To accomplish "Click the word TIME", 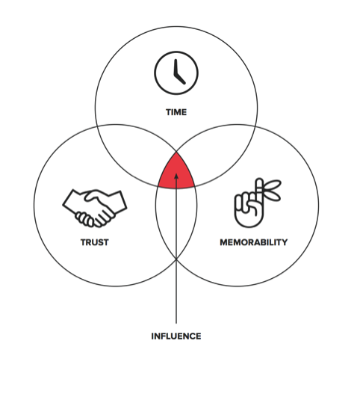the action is pyautogui.click(x=176, y=112).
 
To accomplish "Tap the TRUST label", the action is pyautogui.click(x=95, y=242).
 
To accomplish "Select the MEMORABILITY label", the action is pyautogui.click(x=253, y=242).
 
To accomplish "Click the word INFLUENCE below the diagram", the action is pyautogui.click(x=176, y=336).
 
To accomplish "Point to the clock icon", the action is pyautogui.click(x=176, y=73).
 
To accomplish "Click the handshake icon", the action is pyautogui.click(x=95, y=208).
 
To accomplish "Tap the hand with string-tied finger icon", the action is pyautogui.click(x=258, y=203).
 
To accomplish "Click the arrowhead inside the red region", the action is pyautogui.click(x=176, y=176).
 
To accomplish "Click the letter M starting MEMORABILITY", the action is pyautogui.click(x=224, y=242).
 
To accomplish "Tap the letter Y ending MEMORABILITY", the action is pyautogui.click(x=285, y=242).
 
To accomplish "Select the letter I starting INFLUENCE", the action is pyautogui.click(x=152, y=336).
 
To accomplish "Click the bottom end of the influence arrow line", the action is pyautogui.click(x=176, y=324).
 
